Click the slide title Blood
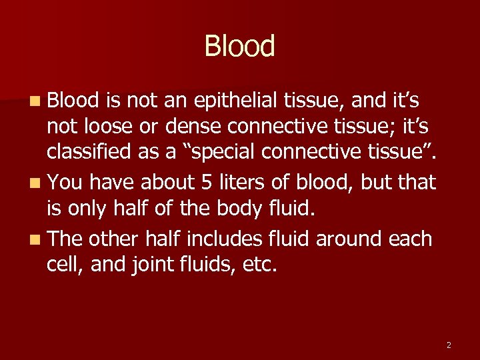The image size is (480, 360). [239, 47]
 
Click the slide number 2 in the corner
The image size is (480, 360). [449, 345]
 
